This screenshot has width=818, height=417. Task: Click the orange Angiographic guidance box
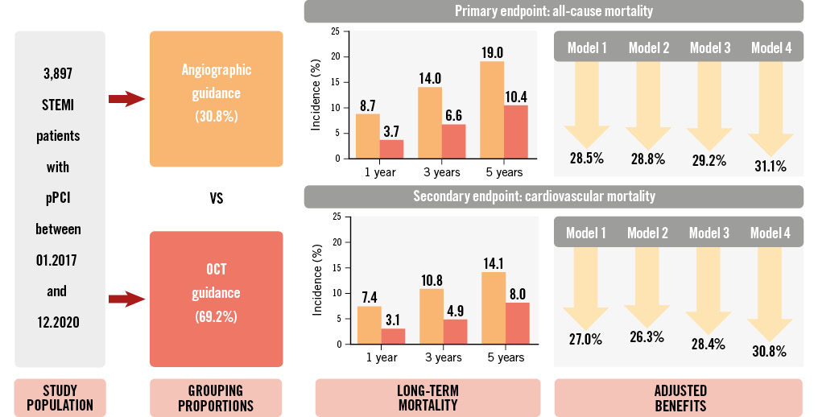216,98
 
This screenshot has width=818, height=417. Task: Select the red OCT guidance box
216,299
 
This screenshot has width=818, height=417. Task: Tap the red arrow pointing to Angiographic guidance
125,99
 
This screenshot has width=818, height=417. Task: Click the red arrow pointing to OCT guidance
125,299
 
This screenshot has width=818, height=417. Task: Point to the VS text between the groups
216,198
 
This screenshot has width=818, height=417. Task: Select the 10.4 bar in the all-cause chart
516,132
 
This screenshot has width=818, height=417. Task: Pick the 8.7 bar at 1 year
368,136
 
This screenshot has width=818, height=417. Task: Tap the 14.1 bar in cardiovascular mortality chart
494,308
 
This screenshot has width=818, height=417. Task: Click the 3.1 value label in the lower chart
392,319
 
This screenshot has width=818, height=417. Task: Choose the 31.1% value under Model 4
770,166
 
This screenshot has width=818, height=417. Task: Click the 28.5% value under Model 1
586,157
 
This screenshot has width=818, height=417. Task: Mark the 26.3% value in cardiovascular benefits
647,338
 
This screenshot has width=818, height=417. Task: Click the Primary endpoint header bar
553,11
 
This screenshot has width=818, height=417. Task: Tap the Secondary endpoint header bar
553,196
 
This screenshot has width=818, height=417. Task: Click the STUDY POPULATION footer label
60,398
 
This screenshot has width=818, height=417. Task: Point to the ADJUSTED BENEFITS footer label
678,398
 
